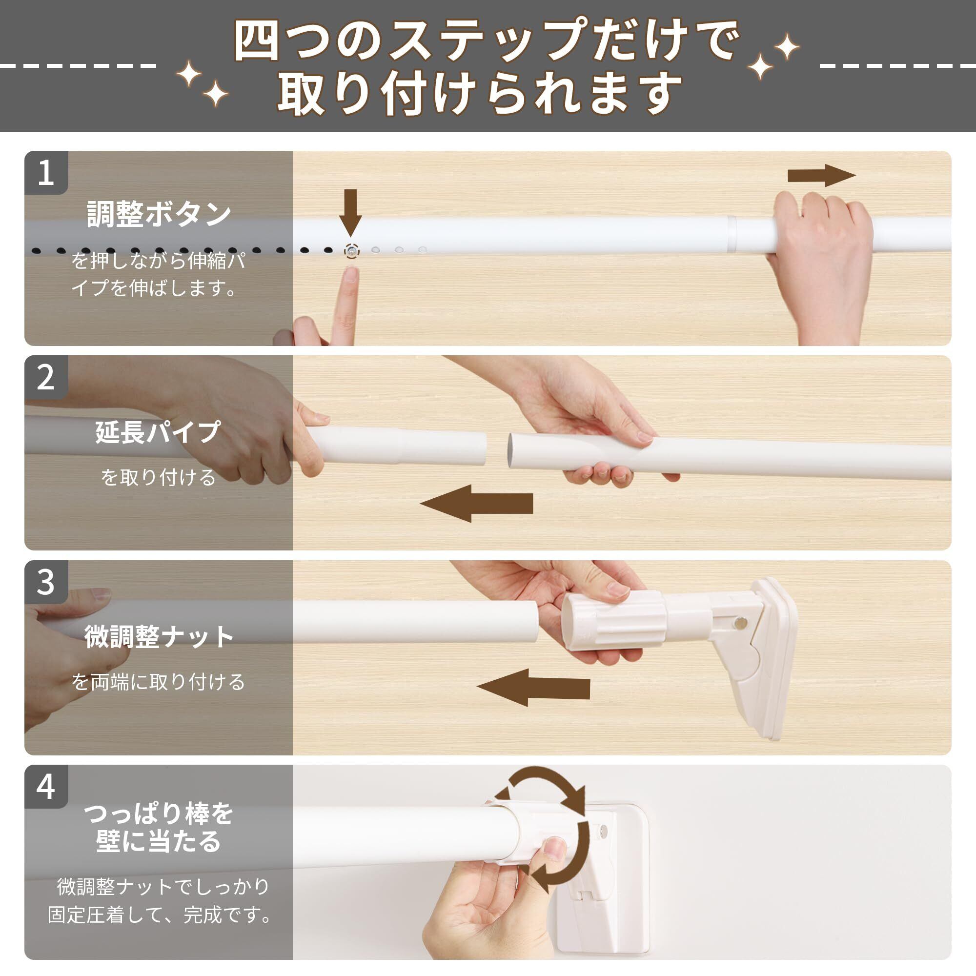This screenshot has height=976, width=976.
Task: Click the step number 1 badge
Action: click(x=46, y=172)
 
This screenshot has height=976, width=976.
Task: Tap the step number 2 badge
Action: click(x=46, y=377)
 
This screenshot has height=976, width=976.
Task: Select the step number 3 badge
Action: click(x=46, y=582)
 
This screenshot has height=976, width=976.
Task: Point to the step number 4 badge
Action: click(x=46, y=786)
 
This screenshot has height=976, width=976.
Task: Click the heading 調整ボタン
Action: click(x=159, y=214)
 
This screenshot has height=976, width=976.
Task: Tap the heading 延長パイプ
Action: click(x=158, y=432)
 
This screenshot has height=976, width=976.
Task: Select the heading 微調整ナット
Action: click(x=159, y=636)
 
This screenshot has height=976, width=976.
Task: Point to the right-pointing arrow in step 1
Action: click(x=821, y=176)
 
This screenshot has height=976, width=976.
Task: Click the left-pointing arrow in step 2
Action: click(x=476, y=503)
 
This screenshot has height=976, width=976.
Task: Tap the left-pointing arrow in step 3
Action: click(x=533, y=688)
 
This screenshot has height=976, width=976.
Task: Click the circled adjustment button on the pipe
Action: click(x=351, y=250)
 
